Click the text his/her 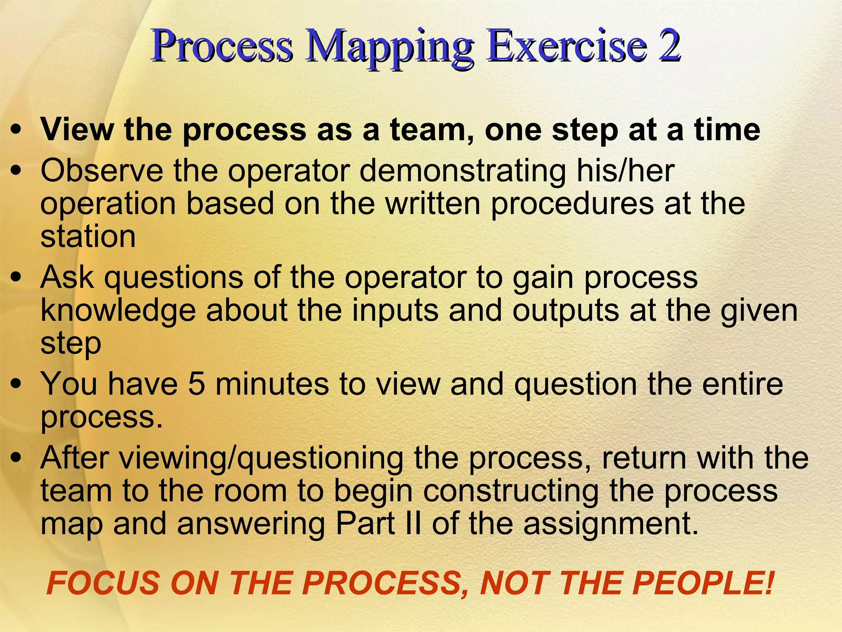coord(625,171)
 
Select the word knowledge coord(118,310)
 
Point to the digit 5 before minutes coord(197,383)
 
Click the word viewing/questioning coord(263,458)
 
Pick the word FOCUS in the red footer coord(103,583)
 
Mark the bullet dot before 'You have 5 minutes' coord(16,384)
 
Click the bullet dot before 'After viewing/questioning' coord(16,458)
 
